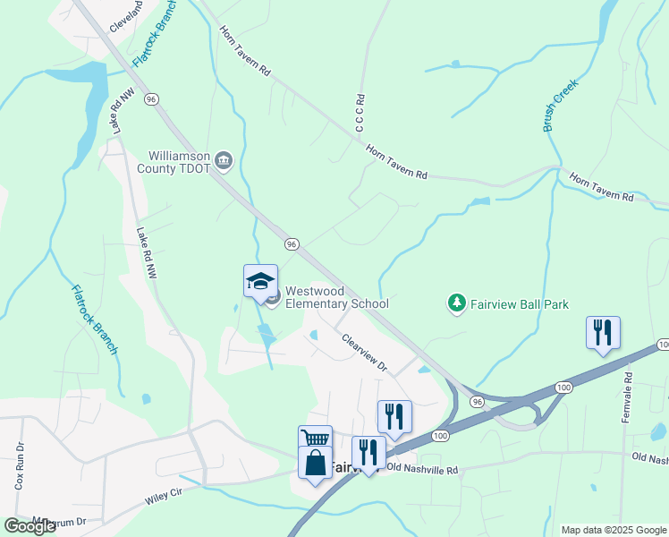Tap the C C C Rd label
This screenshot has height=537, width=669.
pos(360,115)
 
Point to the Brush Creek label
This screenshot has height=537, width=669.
pos(561,106)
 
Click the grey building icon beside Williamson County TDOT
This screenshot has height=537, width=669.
pos(224,162)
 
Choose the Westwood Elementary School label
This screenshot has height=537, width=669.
pos(337,297)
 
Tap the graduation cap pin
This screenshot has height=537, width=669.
pos(261,281)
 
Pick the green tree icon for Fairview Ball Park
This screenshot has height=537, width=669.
pos(457,304)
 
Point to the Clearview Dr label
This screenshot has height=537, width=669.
pos(365,353)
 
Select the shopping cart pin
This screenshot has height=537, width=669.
pos(315,439)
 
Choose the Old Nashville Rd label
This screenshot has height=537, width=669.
pos(422,469)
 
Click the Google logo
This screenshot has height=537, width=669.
pos(30,526)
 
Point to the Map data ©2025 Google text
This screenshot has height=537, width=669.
pos(613,530)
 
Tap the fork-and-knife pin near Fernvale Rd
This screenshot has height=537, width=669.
pos(604,333)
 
